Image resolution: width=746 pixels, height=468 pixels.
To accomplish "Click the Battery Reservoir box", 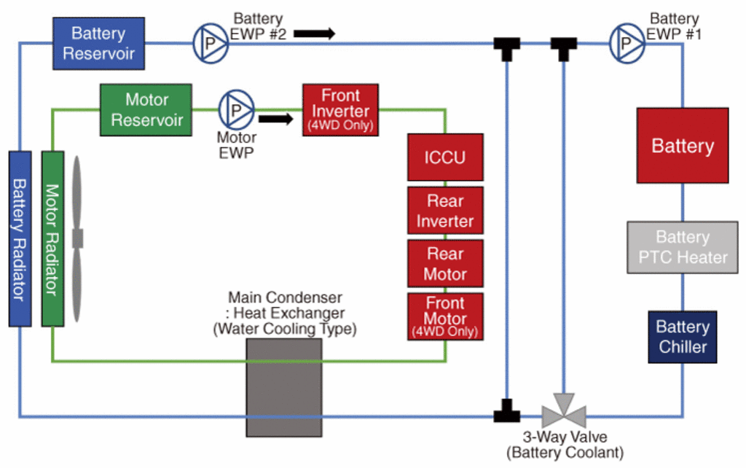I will click(x=98, y=43).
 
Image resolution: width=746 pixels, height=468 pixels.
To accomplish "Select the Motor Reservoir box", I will click(x=146, y=109).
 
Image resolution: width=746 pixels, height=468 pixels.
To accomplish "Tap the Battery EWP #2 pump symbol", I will click(x=211, y=43).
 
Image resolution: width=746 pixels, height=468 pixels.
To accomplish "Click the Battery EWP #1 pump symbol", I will click(x=627, y=43).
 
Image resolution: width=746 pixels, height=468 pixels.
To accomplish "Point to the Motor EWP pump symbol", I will click(x=236, y=109).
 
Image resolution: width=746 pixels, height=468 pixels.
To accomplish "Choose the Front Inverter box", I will click(x=340, y=109).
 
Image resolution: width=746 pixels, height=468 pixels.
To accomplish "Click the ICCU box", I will click(x=445, y=157).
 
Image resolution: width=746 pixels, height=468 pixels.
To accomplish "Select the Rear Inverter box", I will click(x=445, y=211).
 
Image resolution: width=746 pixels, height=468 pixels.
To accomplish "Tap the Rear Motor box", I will click(x=445, y=263).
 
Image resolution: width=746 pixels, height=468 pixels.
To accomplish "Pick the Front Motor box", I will click(x=445, y=316).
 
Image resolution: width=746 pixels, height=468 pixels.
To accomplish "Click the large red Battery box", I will click(x=682, y=145).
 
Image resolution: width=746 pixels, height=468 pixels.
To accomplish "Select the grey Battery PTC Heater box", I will click(x=682, y=247).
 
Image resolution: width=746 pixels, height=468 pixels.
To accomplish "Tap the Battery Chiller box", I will click(x=683, y=337).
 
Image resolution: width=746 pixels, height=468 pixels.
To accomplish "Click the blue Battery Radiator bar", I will click(x=20, y=238).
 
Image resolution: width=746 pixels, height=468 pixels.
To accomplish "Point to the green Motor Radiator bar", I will click(x=52, y=238).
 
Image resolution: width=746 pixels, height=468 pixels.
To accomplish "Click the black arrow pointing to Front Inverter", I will click(x=275, y=118).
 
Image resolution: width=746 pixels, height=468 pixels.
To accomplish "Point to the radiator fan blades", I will click(x=76, y=238).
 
